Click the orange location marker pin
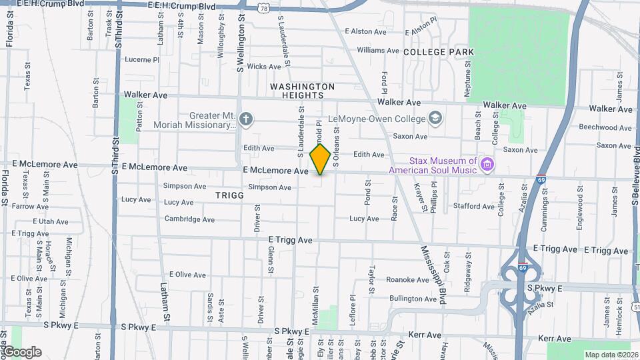(x=321, y=159)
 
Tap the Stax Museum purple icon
(x=487, y=164)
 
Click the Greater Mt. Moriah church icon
(x=246, y=120)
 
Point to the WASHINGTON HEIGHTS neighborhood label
(x=303, y=91)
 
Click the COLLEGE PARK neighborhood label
(x=438, y=52)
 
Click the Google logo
(x=21, y=351)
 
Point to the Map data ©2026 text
(x=611, y=355)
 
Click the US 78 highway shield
(x=265, y=9)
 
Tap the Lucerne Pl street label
(x=142, y=59)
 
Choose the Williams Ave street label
(x=377, y=50)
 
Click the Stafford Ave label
(x=473, y=207)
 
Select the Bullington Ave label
(x=413, y=299)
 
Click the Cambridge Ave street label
(x=189, y=219)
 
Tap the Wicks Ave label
(x=264, y=67)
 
